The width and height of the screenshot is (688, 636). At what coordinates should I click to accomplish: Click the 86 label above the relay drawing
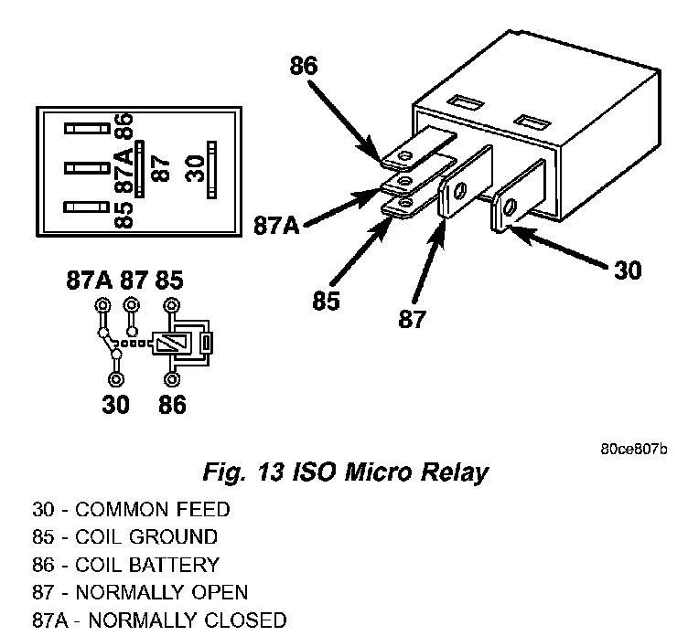303,66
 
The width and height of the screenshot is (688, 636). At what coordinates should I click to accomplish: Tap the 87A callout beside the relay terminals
277,226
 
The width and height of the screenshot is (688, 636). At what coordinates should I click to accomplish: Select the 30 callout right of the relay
628,270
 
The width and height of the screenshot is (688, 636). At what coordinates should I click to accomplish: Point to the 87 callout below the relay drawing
412,319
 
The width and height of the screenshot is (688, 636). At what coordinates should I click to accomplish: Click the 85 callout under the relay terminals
326,301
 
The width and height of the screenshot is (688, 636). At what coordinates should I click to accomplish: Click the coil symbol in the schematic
172,343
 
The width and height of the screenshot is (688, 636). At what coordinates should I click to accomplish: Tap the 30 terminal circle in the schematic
116,379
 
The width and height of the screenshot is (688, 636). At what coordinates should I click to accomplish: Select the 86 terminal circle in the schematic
172,379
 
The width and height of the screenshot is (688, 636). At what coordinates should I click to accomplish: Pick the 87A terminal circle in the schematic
102,305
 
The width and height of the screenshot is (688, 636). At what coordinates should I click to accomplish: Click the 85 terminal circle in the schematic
172,305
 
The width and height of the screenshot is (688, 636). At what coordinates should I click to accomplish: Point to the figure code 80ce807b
634,450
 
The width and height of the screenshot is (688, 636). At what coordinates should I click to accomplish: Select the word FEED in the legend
203,510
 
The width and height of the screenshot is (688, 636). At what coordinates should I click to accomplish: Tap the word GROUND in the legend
173,537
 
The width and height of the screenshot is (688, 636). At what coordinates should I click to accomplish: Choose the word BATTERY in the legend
174,565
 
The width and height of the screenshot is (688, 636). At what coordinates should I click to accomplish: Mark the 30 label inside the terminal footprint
195,168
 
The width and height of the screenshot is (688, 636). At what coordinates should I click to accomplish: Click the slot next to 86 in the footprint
87,129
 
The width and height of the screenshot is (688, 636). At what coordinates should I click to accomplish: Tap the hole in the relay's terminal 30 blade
511,207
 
